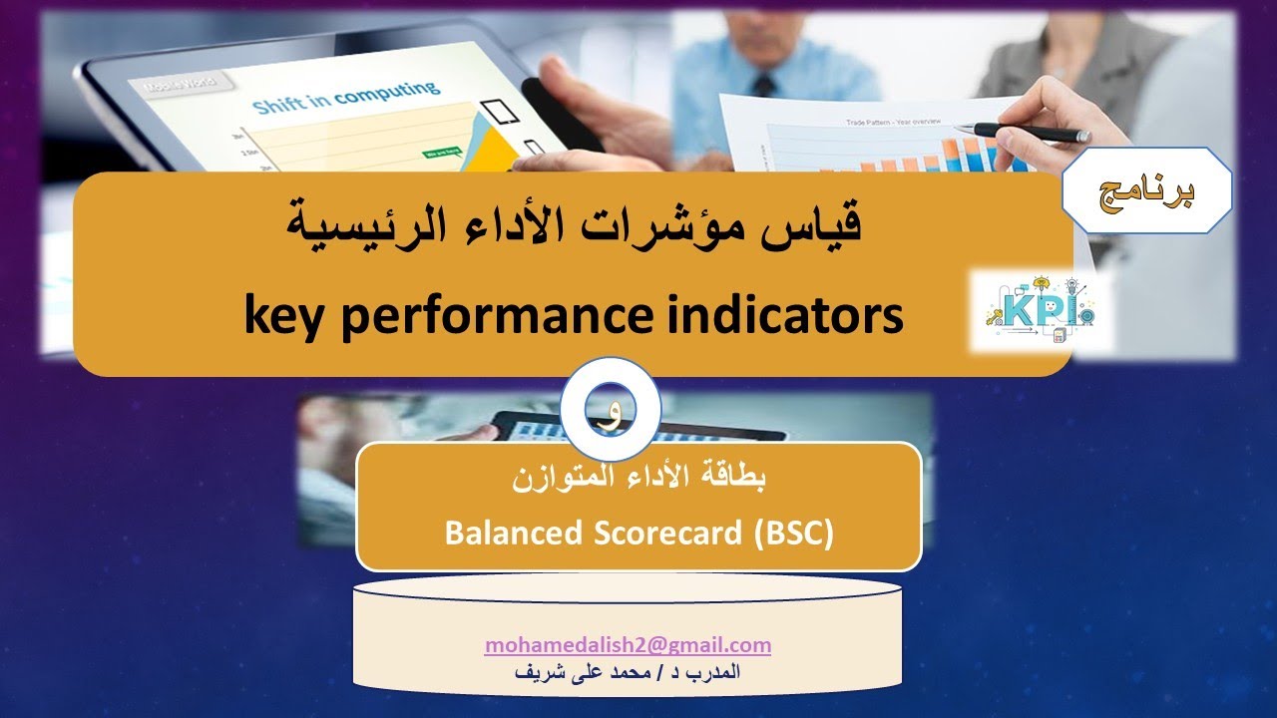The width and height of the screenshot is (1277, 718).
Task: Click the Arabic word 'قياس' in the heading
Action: coord(813,223)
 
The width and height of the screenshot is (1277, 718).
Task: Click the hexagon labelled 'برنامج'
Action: coord(1146,190)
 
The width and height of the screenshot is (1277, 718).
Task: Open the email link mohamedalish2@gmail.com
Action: coord(628,645)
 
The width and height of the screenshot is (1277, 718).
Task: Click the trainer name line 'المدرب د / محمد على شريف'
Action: coord(628,671)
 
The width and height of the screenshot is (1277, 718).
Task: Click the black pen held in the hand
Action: coord(1028,131)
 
